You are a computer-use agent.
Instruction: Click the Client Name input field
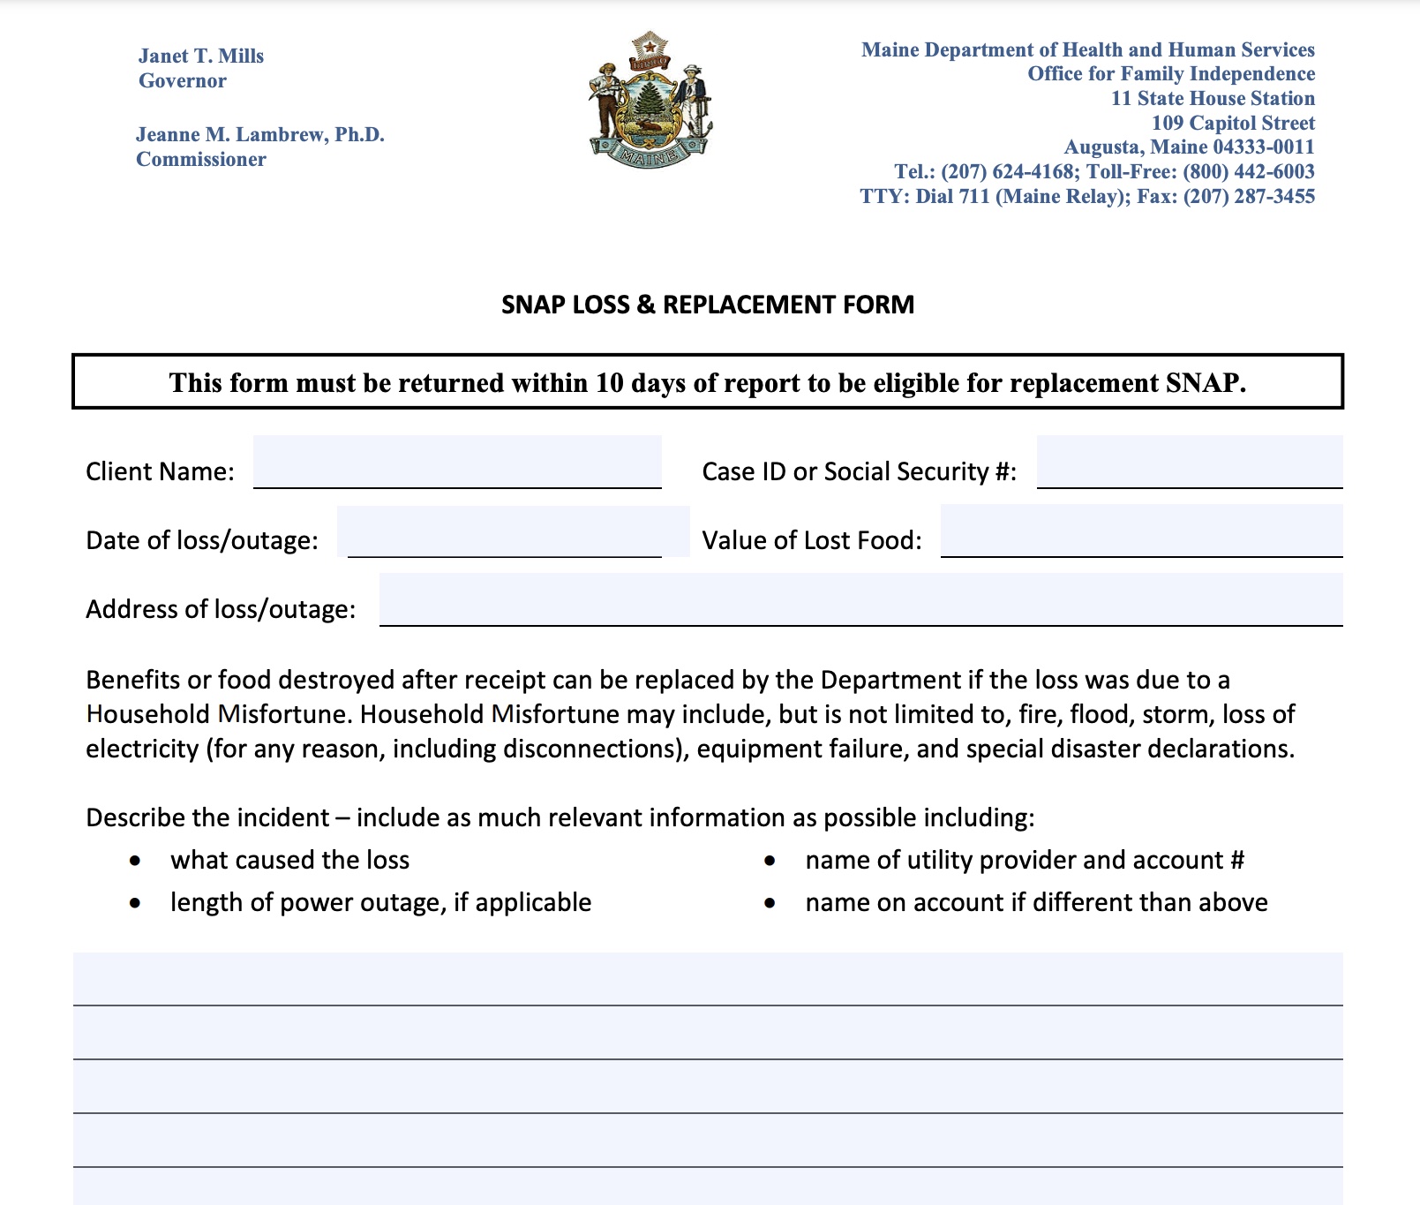point(457,463)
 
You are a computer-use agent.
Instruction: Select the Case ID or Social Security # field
point(1189,463)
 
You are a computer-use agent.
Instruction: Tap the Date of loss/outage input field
point(512,531)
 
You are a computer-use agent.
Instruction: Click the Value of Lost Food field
point(1141,531)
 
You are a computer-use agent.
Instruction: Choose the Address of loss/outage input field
point(860,600)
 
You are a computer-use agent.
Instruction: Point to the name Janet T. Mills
point(201,56)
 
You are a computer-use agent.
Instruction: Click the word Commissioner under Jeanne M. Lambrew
point(201,160)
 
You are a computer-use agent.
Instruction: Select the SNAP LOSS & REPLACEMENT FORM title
point(708,305)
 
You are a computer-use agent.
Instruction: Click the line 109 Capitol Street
point(1233,123)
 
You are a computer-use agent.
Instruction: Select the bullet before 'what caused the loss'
point(135,861)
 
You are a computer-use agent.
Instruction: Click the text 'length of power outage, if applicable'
point(380,902)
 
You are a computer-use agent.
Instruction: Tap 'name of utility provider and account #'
point(1025,861)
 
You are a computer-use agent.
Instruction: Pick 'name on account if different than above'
point(1036,902)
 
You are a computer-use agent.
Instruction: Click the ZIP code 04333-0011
point(1263,147)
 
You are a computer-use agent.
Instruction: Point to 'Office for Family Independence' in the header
point(1171,74)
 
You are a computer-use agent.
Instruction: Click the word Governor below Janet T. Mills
point(183,81)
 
